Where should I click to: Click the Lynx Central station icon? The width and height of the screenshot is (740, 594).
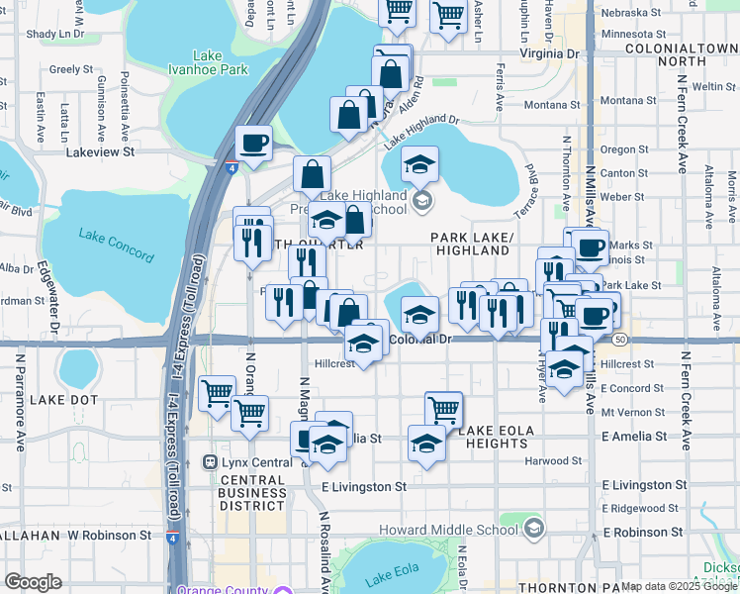209,462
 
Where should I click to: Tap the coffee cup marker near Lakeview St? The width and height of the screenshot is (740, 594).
253,142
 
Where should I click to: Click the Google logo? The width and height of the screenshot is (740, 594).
33,582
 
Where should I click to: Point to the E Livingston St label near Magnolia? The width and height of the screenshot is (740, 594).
363,486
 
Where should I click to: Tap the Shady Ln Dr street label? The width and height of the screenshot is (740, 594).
56,34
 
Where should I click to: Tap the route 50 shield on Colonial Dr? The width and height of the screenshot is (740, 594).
620,340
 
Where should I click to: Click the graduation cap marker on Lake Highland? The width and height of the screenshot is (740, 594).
419,163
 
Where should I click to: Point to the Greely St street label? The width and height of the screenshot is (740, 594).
70,69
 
